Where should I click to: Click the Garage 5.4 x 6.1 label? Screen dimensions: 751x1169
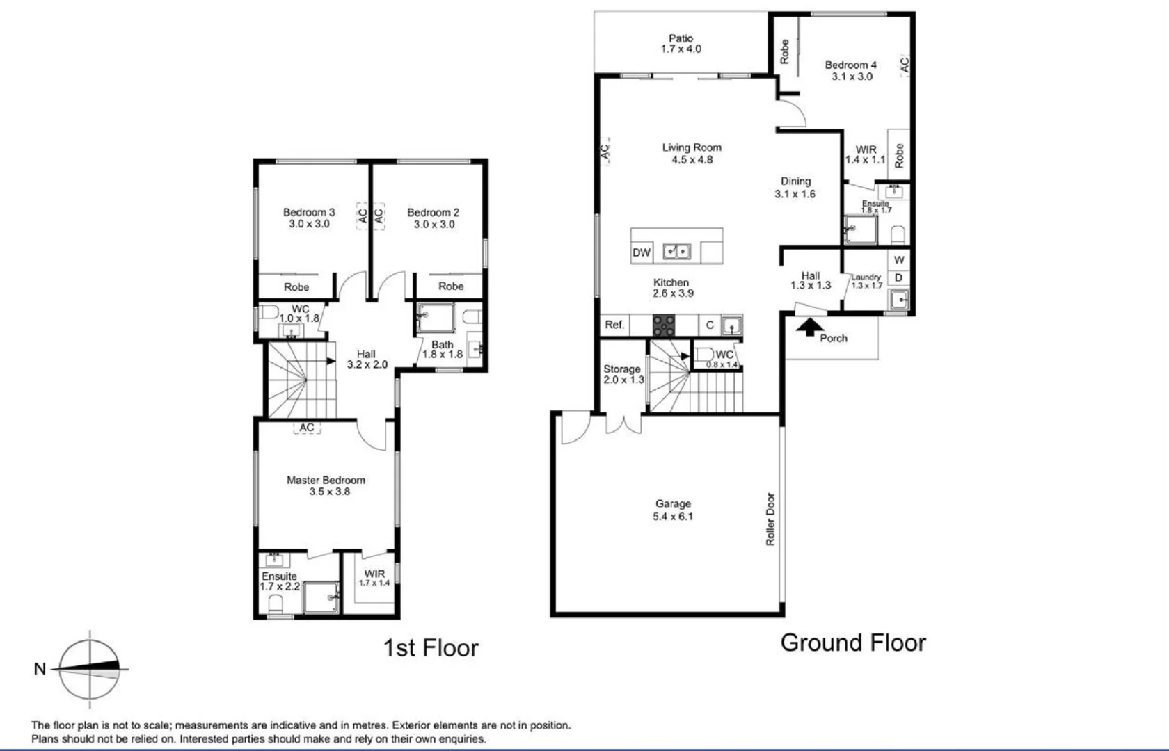[673, 510]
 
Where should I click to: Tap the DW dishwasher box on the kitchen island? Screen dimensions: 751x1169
[641, 252]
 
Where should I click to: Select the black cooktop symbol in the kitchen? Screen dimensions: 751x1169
[663, 325]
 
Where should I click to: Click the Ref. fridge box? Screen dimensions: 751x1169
[614, 325]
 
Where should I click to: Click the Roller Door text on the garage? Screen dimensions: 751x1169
[770, 519]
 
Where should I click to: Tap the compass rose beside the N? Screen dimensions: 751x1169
[89, 669]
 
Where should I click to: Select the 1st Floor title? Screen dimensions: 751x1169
[431, 648]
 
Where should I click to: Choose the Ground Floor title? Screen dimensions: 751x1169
[853, 643]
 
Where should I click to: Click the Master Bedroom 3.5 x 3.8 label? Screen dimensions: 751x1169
[326, 485]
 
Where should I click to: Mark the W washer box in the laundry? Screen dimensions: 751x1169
[899, 259]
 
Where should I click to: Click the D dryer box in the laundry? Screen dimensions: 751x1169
[899, 277]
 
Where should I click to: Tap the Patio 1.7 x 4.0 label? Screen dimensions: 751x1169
[681, 44]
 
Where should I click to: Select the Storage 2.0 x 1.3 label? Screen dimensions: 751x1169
[622, 374]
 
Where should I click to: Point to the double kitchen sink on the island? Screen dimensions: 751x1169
[676, 251]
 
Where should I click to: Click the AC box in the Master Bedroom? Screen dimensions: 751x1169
[307, 428]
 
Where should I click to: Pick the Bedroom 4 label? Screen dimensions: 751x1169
[851, 70]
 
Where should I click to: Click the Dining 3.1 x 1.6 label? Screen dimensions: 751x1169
[795, 187]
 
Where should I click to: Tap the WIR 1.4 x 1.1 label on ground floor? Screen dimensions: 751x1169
[865, 154]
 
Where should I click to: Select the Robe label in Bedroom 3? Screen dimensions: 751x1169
[296, 286]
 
